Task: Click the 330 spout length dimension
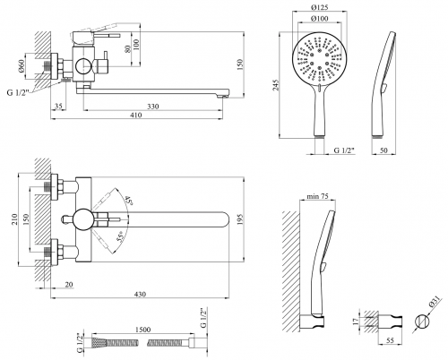click(152, 107)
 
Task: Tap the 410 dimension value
click(136, 115)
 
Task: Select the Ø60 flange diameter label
click(21, 66)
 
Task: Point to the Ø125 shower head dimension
click(319, 7)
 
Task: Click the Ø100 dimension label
click(319, 19)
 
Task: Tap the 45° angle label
click(128, 201)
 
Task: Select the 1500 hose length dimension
click(143, 330)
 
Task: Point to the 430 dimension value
click(140, 295)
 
